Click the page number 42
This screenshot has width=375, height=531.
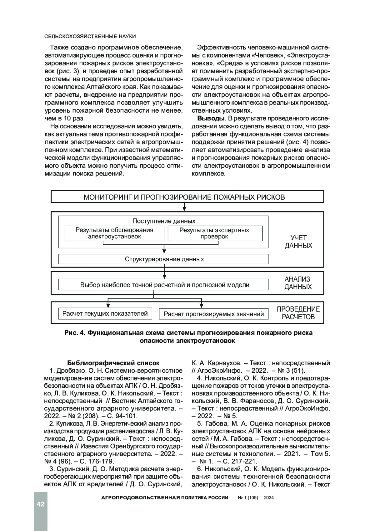click(41, 504)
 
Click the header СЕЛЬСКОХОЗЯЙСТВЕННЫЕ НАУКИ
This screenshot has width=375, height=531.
click(90, 36)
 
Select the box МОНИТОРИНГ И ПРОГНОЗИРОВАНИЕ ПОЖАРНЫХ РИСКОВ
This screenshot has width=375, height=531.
click(187, 197)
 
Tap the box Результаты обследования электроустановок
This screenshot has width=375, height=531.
click(114, 233)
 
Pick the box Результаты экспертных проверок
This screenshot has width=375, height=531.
click(215, 233)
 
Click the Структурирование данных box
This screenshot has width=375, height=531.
click(164, 259)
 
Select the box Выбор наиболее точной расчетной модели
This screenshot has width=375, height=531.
click(164, 285)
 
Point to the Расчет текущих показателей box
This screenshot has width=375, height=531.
click(105, 314)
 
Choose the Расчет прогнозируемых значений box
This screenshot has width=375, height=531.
click(214, 314)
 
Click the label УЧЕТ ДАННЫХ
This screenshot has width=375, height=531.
click(298, 242)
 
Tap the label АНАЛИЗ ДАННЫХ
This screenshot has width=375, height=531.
click(297, 283)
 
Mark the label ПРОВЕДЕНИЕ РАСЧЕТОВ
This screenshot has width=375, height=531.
click(298, 313)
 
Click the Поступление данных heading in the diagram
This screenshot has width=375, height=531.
click(164, 221)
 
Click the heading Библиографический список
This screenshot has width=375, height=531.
click(113, 363)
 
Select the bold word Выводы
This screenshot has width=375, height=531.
click(211, 119)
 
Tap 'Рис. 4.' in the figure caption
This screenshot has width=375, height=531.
click(75, 333)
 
